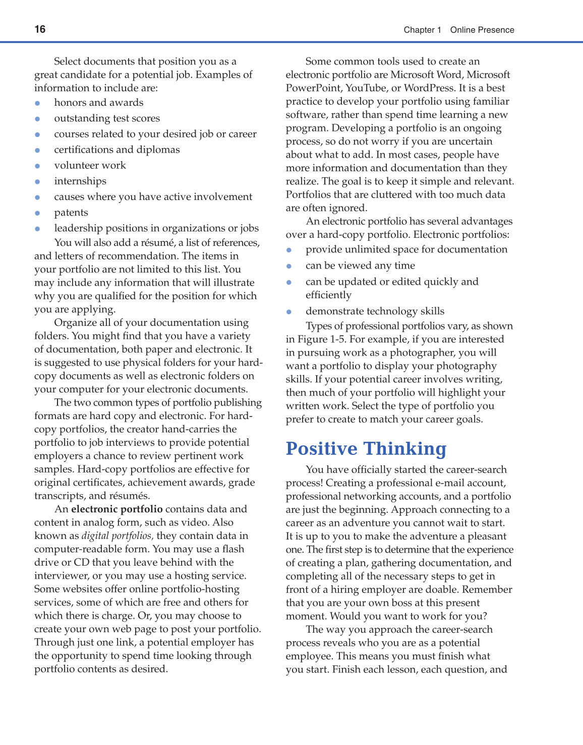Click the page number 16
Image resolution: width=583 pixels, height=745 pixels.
pyautogui.click(x=40, y=29)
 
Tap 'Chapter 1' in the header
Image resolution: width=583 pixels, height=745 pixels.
pyautogui.click(x=422, y=30)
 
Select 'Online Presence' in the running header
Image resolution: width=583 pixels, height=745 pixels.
pyautogui.click(x=482, y=30)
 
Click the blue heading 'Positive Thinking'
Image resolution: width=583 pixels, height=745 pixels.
pyautogui.click(x=366, y=448)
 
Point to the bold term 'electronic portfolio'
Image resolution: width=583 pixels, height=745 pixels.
pyautogui.click(x=117, y=509)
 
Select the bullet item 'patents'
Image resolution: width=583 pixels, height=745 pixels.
pyautogui.click(x=71, y=213)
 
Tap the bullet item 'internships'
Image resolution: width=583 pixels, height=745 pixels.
pyautogui.click(x=80, y=181)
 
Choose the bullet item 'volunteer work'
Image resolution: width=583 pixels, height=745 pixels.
pyautogui.click(x=90, y=165)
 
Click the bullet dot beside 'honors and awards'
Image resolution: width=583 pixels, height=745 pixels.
pyautogui.click(x=37, y=103)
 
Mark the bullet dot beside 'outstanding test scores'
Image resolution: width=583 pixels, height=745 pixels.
pyautogui.click(x=37, y=119)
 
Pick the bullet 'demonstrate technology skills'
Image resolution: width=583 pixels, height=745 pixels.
pyautogui.click(x=375, y=311)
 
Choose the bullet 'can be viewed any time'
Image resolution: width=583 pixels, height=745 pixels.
pyautogui.click(x=360, y=265)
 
